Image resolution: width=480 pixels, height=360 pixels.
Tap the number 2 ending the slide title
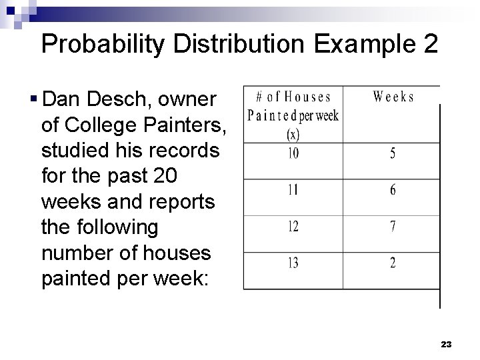tap(430, 44)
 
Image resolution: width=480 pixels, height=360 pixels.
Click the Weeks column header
tap(393, 97)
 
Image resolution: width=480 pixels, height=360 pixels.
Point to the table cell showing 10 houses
tap(293, 154)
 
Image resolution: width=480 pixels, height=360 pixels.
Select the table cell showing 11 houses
tap(293, 190)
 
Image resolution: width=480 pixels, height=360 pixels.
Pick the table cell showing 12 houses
tap(293, 227)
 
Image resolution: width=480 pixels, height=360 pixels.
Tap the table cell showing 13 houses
tap(293, 263)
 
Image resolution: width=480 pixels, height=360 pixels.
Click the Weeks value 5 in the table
tap(393, 154)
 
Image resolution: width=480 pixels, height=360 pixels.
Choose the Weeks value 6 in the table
tap(393, 190)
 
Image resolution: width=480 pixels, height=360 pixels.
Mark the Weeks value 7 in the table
tap(393, 227)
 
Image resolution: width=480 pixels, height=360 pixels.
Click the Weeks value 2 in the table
tap(393, 263)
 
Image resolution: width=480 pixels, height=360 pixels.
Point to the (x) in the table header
tap(293, 134)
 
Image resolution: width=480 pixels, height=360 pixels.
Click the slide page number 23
tap(446, 345)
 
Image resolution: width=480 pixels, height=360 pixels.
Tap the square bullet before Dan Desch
tap(33, 100)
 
